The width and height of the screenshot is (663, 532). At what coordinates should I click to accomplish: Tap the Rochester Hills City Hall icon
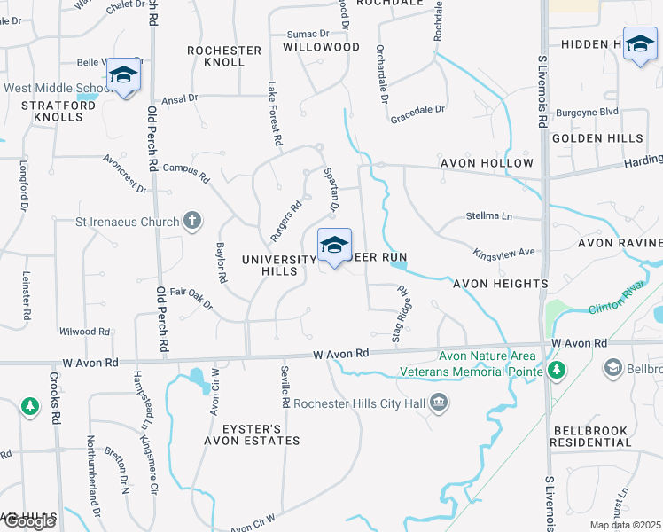pos(438,404)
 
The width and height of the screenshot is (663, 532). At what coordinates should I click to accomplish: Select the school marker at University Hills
pos(333,246)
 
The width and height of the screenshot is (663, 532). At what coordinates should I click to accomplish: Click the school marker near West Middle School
pos(124,75)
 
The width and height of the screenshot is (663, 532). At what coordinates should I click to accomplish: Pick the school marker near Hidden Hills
pos(640,44)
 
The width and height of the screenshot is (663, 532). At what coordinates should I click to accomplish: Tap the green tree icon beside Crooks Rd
pos(30,407)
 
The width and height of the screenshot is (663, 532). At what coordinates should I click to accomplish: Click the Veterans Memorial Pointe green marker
pos(557,370)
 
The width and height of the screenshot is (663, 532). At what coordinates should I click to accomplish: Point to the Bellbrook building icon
pos(612,367)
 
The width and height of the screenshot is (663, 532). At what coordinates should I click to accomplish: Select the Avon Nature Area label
pos(478,356)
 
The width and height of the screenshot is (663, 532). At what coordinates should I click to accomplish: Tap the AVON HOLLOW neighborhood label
pos(487,163)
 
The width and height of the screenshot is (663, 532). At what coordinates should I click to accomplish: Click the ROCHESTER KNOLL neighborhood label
pos(224,56)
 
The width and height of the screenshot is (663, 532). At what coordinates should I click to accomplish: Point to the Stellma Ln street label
pos(489,215)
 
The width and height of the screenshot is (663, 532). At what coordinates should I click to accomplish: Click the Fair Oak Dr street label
pos(191,297)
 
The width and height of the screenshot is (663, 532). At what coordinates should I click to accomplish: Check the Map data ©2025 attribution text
pos(625,525)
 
